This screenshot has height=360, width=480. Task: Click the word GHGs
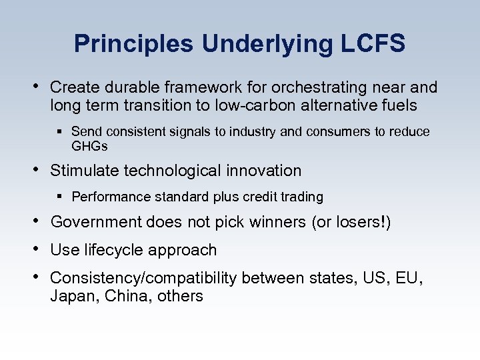[x=89, y=146]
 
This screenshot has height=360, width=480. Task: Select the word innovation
[x=263, y=171]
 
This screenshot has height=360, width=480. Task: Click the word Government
[x=96, y=222]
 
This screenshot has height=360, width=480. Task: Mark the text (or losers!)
[x=351, y=222]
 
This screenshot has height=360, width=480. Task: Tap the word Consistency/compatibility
[x=143, y=278]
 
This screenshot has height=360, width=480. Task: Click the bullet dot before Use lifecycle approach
[x=36, y=249]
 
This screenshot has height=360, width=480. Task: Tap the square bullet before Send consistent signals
[x=61, y=132]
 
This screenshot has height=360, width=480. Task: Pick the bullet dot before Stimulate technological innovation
[x=36, y=170]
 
